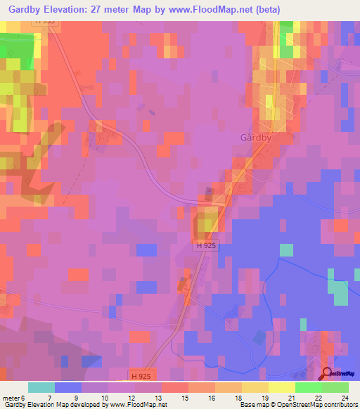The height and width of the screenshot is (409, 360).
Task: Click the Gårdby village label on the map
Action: [x=256, y=138]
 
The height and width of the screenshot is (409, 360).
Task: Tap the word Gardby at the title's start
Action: [x=25, y=9]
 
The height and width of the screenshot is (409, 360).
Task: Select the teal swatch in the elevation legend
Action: [x=41, y=387]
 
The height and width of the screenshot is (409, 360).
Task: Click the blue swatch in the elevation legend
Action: [x=68, y=387]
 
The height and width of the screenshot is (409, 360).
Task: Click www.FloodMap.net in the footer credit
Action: [x=134, y=405]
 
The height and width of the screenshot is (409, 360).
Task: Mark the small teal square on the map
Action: [x=286, y=249]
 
